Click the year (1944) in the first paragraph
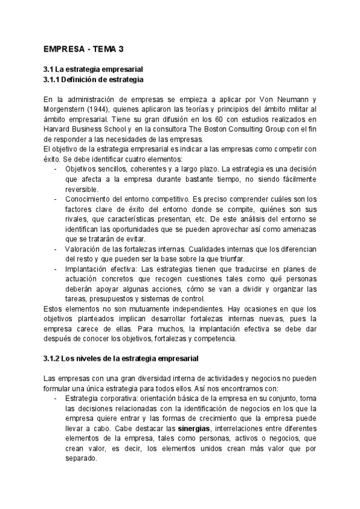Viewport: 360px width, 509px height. (98, 109)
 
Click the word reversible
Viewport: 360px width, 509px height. (82, 188)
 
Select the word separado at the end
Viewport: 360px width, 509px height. (80, 459)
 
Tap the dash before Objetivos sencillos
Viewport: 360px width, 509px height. (55, 169)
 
